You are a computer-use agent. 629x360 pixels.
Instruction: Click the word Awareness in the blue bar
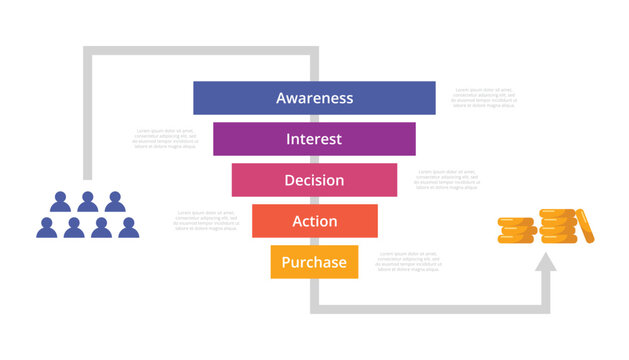(314, 98)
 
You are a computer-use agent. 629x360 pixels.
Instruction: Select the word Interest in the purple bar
(314, 139)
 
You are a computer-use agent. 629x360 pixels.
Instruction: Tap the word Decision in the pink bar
(314, 180)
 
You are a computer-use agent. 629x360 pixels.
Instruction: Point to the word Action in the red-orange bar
(314, 221)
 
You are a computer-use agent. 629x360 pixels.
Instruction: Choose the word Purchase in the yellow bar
(314, 262)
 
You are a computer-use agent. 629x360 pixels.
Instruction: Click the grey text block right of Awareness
(485, 97)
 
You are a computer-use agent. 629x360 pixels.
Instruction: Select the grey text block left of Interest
(165, 138)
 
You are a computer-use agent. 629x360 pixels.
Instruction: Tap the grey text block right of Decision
(447, 179)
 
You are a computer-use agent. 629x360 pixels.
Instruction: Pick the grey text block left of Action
(207, 220)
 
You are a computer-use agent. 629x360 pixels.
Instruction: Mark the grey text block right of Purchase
(409, 261)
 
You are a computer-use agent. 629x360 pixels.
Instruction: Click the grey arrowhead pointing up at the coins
(545, 264)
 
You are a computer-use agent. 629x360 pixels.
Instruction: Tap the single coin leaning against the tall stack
(586, 226)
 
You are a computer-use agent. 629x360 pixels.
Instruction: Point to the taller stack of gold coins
(556, 226)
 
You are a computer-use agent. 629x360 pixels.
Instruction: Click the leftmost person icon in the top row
(60, 201)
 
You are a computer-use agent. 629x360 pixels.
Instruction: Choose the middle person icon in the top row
(87, 201)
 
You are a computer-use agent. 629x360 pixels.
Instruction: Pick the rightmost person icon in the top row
(114, 201)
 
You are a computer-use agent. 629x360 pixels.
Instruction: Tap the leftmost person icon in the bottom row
(47, 227)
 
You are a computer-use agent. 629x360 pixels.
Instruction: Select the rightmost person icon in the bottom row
(128, 227)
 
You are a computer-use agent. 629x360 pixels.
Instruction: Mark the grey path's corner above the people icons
(90, 51)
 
